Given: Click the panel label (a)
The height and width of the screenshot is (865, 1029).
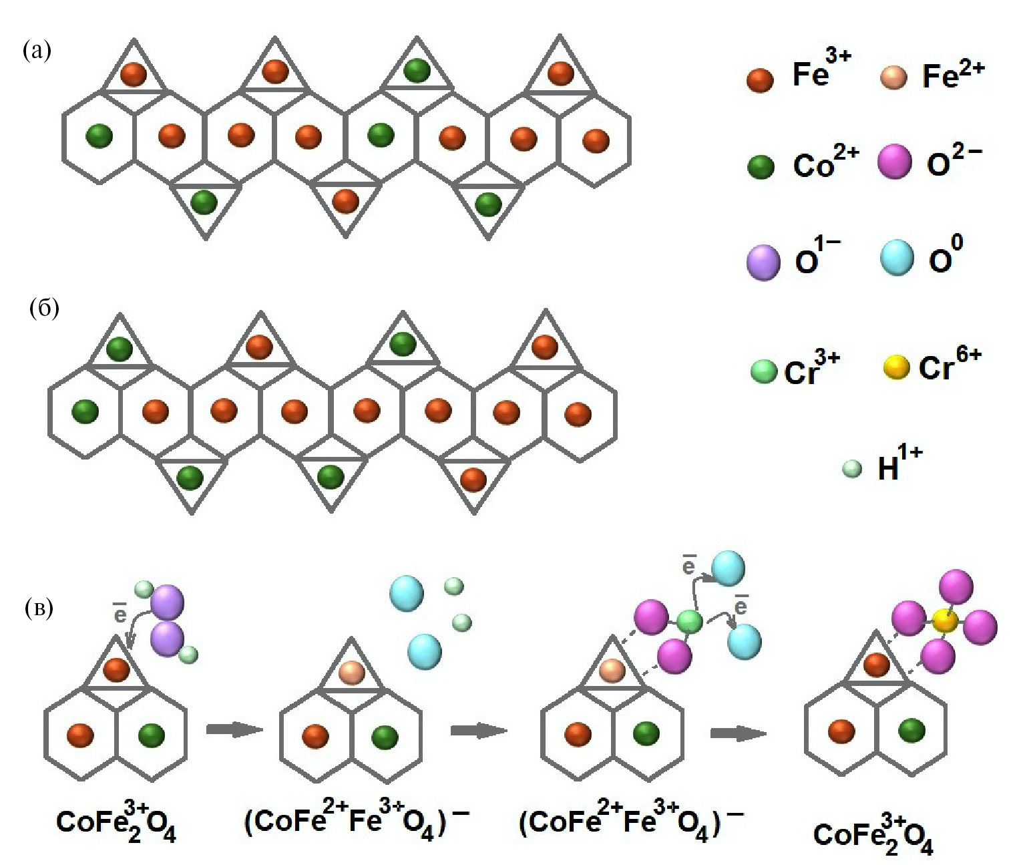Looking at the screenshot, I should coord(37,50).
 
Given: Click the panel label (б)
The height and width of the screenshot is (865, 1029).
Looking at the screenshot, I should coord(45,308).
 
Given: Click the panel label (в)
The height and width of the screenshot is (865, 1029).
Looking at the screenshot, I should coord(38,608).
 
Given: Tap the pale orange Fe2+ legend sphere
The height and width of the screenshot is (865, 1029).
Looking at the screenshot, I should coord(893,77).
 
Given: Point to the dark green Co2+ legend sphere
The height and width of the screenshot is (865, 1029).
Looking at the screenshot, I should coord(761,166).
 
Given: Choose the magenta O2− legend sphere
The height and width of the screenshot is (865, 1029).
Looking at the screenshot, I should coord(895,162).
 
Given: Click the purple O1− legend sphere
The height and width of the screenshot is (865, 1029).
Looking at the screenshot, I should coord(763,262).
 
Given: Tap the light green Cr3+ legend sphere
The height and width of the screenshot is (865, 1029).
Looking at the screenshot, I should coord(764,371).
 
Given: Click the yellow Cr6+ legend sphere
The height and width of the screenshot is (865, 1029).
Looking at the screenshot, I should coord(896,367).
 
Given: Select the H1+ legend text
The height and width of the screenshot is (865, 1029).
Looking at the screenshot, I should coord(899,464).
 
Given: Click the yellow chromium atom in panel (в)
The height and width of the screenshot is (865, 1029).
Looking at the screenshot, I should coord(945,621).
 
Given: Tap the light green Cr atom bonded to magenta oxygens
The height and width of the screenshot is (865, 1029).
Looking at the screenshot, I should coord(689,622).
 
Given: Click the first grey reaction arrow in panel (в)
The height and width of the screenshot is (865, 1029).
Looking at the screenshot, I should coord(234,729).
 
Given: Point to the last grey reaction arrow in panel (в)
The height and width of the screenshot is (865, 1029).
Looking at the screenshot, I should coord(738,733).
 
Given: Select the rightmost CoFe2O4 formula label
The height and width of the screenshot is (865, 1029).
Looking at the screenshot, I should coord(873,834).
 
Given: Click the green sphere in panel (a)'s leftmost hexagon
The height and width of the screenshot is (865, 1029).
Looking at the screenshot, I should coord(99,136).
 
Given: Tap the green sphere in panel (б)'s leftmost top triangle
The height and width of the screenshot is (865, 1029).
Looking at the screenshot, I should coord(120,349).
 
